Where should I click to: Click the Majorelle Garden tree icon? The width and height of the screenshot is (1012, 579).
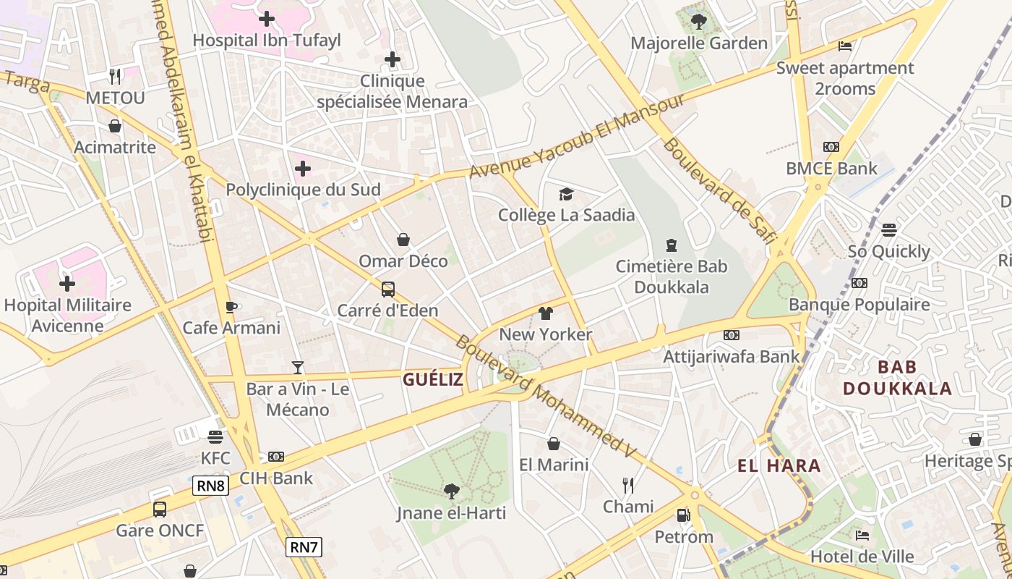(x=698, y=21)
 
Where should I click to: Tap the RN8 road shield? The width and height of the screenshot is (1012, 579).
(x=210, y=486)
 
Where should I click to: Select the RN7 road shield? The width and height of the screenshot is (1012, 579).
(x=304, y=546)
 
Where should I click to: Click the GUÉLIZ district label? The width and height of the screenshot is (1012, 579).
(x=432, y=379)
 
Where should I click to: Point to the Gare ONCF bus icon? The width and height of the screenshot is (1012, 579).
(x=160, y=510)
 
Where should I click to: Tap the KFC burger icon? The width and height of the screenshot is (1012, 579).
(x=215, y=437)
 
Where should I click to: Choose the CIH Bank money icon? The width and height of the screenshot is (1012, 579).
(x=275, y=457)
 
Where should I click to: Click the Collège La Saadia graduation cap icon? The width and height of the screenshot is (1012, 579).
(x=566, y=194)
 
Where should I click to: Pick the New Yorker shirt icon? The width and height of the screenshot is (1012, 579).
(x=545, y=313)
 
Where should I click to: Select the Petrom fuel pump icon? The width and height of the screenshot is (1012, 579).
(x=682, y=515)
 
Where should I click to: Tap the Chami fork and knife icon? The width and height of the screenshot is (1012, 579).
(x=628, y=485)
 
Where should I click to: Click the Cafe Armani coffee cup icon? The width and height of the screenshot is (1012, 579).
(x=231, y=307)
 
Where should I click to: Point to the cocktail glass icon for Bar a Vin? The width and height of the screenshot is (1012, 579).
(x=297, y=368)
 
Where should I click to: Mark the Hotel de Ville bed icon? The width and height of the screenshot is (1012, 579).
(x=862, y=536)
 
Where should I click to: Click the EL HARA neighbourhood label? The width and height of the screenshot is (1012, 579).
(x=779, y=465)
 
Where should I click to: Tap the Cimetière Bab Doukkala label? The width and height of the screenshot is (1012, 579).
(x=672, y=276)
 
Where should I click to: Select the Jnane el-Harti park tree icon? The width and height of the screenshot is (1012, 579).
(x=451, y=491)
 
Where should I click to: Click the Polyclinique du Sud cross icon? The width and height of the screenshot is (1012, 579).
(x=303, y=169)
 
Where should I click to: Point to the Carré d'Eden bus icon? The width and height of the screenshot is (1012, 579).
(x=388, y=289)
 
